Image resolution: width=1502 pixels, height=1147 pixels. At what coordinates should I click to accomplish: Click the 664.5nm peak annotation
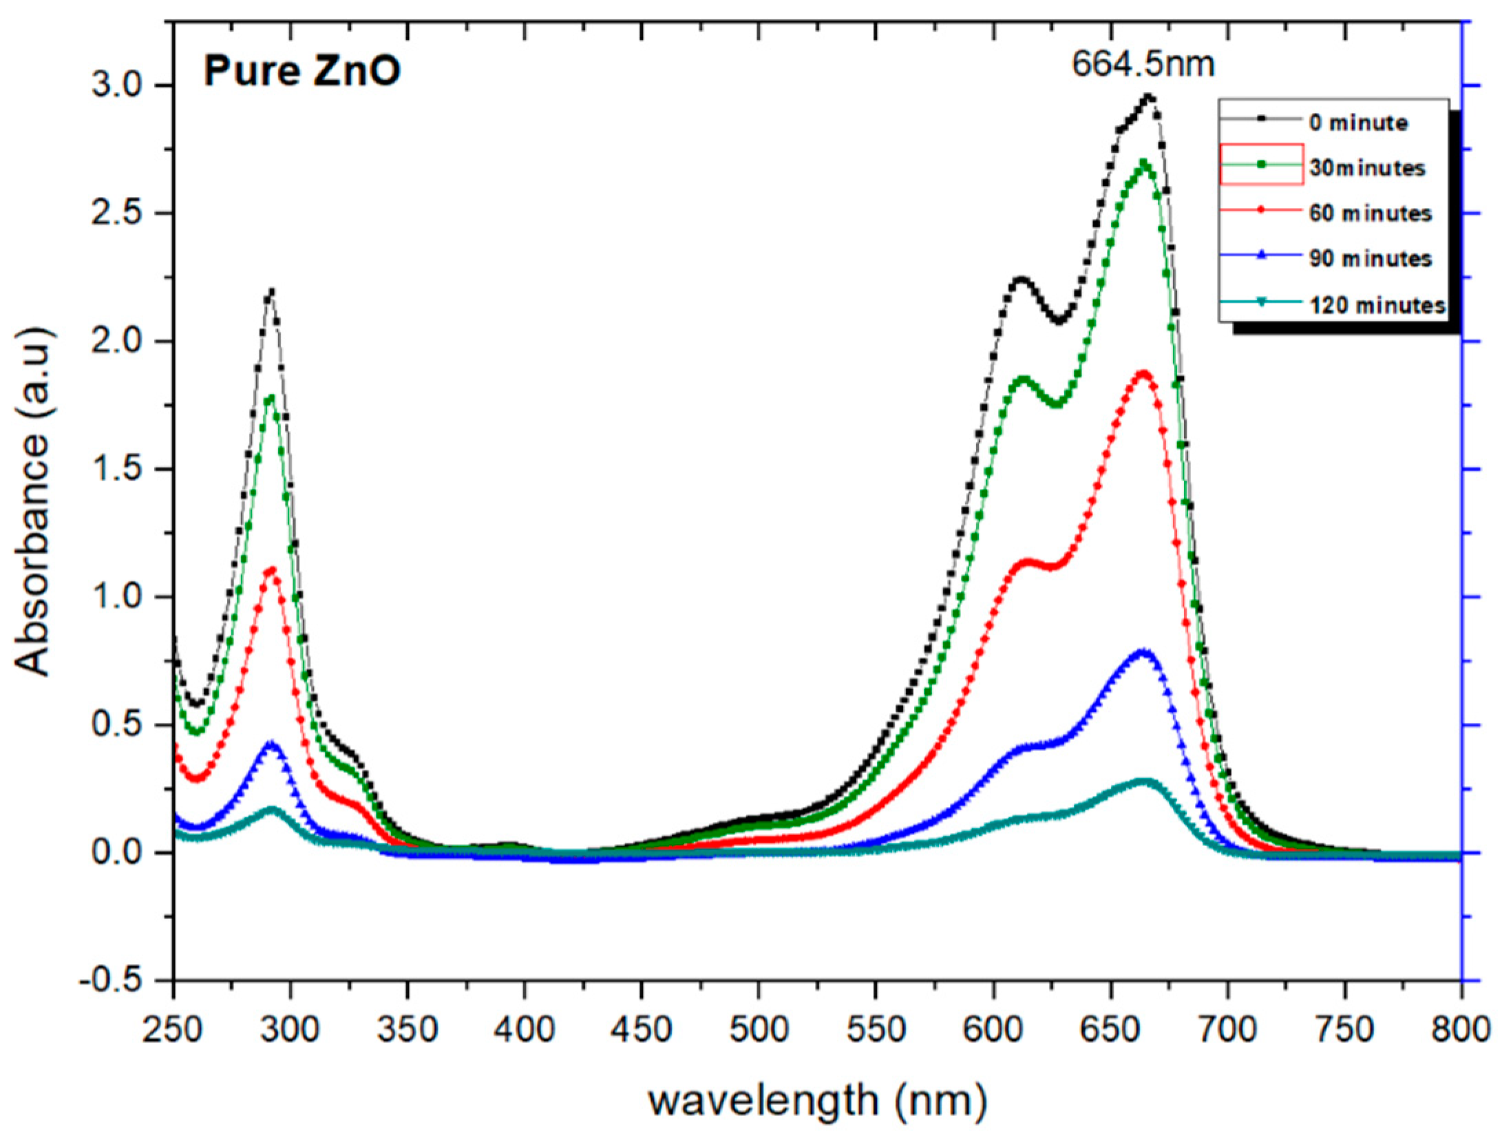click(1143, 66)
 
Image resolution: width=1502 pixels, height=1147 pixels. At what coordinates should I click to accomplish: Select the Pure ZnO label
click(302, 72)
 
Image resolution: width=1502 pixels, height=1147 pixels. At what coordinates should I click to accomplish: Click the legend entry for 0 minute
click(1357, 123)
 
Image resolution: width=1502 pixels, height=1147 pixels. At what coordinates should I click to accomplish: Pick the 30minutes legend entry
click(1366, 168)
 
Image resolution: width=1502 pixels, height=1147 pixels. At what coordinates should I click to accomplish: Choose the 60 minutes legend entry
click(1370, 213)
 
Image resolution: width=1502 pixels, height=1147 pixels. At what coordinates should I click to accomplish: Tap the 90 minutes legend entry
click(1370, 259)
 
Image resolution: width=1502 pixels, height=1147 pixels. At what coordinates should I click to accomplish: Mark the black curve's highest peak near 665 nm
click(1148, 97)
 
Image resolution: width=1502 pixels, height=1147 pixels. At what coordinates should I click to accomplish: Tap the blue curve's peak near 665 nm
click(1143, 651)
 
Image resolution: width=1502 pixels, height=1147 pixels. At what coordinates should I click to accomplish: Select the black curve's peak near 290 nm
click(271, 292)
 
